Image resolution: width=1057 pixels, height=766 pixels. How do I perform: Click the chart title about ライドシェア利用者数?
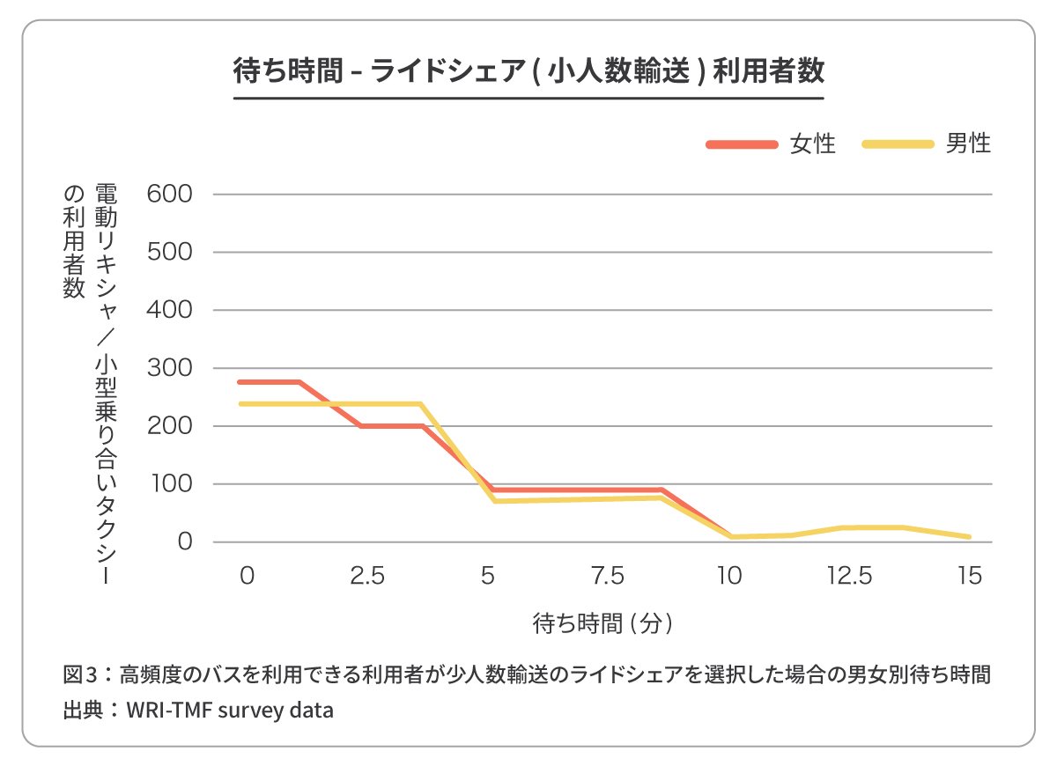[x=528, y=70]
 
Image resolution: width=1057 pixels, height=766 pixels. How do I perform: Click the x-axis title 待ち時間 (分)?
[x=604, y=623]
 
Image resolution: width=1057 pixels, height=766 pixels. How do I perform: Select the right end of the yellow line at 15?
[x=969, y=536]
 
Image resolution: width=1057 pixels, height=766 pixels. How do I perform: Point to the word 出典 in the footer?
[x=84, y=710]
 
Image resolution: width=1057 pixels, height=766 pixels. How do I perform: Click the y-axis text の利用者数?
[x=73, y=243]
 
